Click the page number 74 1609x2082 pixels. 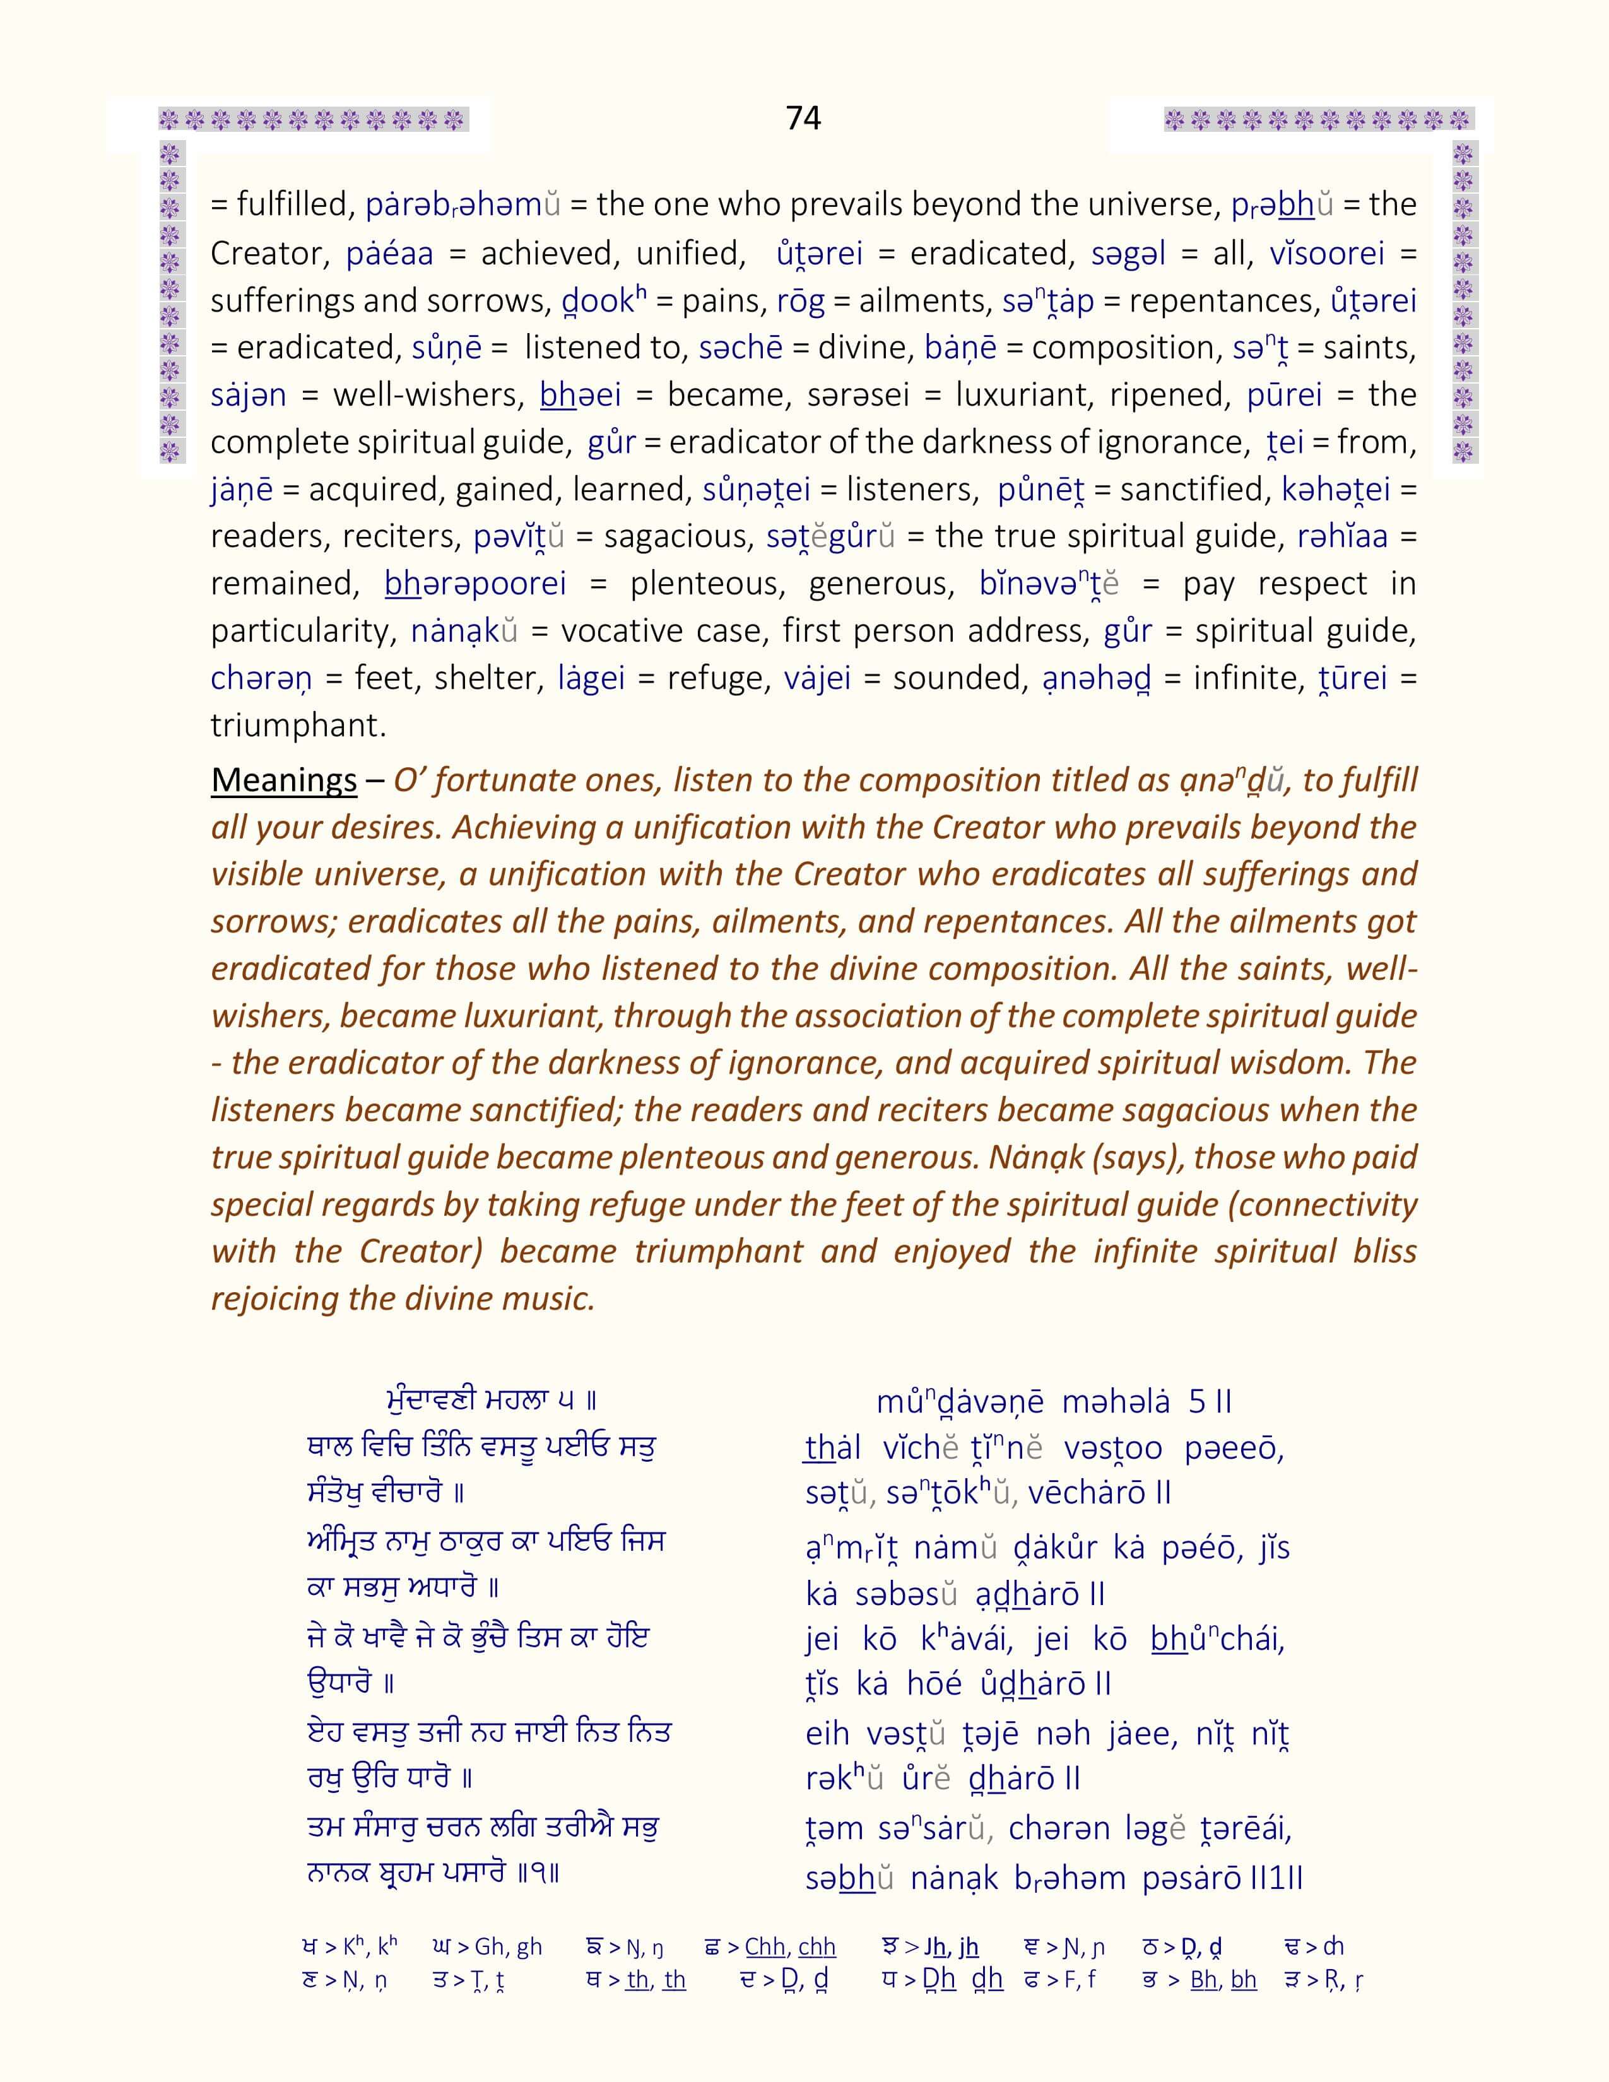(x=803, y=117)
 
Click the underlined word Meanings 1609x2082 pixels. (x=283, y=780)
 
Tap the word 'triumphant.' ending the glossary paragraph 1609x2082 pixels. (x=298, y=726)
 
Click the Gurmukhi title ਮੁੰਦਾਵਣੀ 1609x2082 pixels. (x=433, y=1401)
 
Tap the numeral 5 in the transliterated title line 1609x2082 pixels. (x=1197, y=1401)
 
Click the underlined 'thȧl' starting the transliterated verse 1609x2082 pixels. (x=832, y=1448)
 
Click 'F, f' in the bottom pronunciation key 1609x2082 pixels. (x=1071, y=1980)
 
